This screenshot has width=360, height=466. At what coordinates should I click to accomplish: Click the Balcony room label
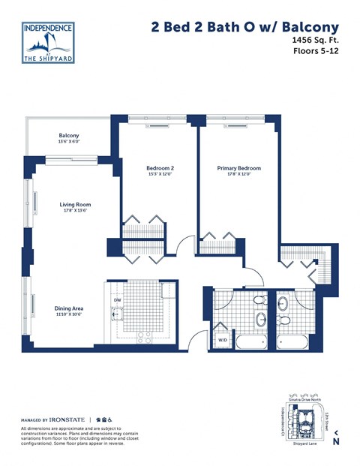pyautogui.click(x=69, y=136)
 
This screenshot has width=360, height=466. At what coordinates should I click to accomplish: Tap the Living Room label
pyautogui.click(x=75, y=203)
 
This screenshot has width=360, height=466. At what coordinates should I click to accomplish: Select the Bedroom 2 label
pyautogui.click(x=160, y=168)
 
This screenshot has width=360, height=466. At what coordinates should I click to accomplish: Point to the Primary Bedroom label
pyautogui.click(x=238, y=168)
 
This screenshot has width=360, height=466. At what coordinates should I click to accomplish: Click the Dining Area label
pyautogui.click(x=69, y=308)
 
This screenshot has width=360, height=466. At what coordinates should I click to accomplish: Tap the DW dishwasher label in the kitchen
pyautogui.click(x=117, y=301)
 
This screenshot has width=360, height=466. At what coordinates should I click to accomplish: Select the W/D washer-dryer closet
pyautogui.click(x=223, y=340)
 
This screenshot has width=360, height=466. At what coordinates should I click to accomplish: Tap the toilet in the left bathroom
pyautogui.click(x=258, y=300)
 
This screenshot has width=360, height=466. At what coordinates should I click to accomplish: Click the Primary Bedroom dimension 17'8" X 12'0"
pyautogui.click(x=238, y=175)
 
